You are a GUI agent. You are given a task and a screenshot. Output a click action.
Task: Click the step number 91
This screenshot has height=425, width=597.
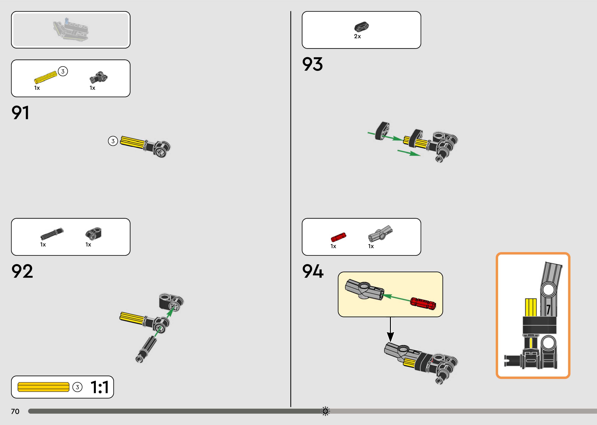click(20, 113)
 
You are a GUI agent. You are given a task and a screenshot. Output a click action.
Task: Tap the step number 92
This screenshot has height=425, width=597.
click(22, 271)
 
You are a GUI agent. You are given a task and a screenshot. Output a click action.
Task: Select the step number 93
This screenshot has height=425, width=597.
click(312, 64)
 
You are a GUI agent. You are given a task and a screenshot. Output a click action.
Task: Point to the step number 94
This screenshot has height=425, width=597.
click(313, 271)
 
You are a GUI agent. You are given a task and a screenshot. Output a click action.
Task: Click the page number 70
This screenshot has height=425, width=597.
click(15, 411)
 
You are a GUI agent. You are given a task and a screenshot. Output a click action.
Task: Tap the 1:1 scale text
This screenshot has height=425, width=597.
click(99, 387)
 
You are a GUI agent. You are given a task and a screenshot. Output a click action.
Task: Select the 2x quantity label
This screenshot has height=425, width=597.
click(357, 36)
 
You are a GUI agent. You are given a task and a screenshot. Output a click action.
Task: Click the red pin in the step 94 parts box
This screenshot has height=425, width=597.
click(338, 237)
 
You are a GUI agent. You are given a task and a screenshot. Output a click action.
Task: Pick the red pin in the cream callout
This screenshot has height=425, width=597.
click(423, 303)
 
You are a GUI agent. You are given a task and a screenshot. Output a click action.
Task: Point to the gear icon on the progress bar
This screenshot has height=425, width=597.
click(325, 411)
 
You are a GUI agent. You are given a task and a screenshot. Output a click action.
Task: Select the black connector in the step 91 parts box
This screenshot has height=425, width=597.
click(98, 77)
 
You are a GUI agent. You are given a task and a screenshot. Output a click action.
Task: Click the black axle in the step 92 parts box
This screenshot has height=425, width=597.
click(52, 233)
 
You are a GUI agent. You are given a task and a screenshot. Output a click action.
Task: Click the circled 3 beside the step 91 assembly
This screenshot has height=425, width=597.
click(113, 141)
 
